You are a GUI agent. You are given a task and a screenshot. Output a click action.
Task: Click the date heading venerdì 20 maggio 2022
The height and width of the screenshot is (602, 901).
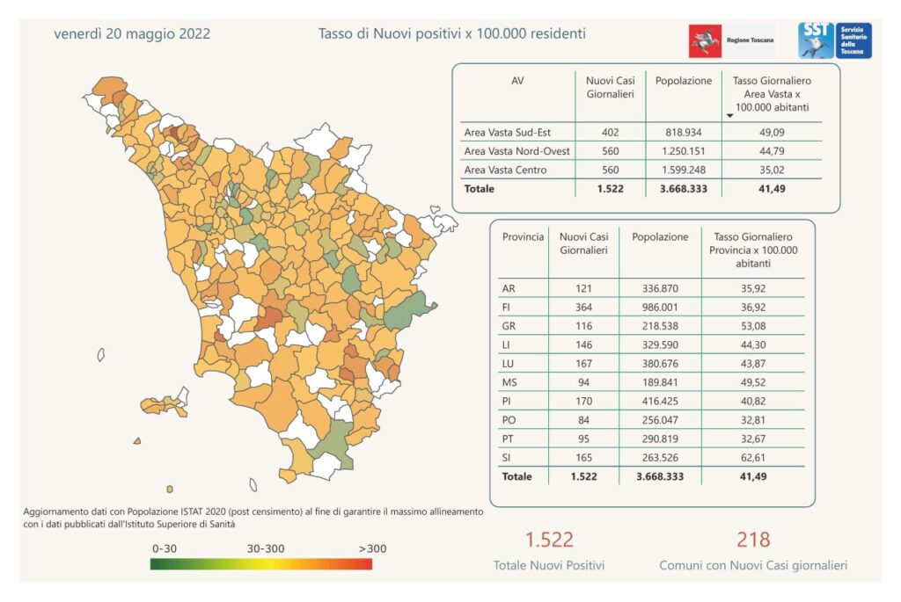[x=132, y=34]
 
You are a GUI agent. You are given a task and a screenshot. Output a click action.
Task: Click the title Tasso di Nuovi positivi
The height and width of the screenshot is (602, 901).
[x=452, y=34]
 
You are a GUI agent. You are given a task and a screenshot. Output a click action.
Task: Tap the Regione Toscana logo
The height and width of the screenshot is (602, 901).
[x=731, y=40]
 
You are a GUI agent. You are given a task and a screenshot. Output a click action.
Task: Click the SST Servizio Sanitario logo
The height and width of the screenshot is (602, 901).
[x=834, y=40]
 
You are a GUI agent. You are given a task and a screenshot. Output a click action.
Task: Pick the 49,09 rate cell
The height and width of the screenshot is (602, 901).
[x=771, y=133]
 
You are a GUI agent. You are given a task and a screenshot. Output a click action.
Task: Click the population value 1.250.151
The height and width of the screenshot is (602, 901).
[x=684, y=151]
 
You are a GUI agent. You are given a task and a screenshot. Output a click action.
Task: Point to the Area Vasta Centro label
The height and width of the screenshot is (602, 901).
[x=505, y=170]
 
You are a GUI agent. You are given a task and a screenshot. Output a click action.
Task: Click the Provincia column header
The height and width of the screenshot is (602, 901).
[x=523, y=237]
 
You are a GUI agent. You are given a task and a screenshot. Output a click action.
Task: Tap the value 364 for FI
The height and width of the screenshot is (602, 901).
[x=584, y=307]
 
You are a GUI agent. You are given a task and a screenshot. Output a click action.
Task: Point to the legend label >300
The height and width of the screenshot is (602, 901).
[x=371, y=548]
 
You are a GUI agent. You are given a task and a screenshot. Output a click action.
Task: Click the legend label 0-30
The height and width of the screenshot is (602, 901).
[x=165, y=548]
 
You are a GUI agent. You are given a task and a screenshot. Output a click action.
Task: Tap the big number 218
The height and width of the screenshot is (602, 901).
[x=754, y=540]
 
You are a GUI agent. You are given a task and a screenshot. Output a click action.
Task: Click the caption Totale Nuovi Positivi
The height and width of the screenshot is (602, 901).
[x=549, y=566]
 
